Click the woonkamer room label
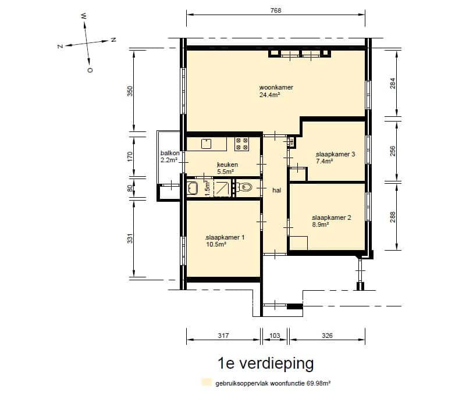(x=276, y=87)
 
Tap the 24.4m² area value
(x=270, y=95)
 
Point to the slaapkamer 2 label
(x=331, y=218)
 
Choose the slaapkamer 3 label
(x=335, y=154)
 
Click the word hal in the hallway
(x=276, y=190)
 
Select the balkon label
(x=169, y=154)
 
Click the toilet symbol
(x=244, y=187)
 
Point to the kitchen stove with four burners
(x=241, y=144)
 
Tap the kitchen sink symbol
(x=206, y=143)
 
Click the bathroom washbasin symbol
(x=193, y=187)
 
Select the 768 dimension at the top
(x=276, y=10)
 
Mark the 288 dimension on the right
(x=393, y=217)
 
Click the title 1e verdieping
(x=265, y=364)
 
